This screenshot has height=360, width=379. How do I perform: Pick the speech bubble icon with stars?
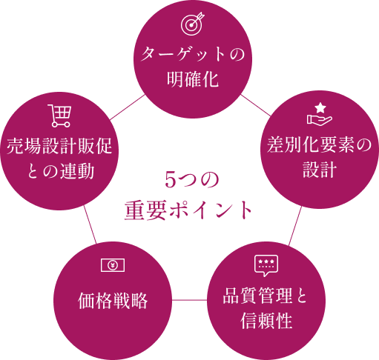click(x=265, y=264)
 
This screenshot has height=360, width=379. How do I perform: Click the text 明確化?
click(x=191, y=79)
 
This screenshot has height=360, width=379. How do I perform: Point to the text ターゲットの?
click(x=191, y=55)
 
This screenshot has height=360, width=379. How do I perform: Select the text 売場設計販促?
click(x=59, y=146)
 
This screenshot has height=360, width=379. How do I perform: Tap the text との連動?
click(x=59, y=170)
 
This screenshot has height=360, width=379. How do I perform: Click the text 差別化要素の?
click(x=319, y=146)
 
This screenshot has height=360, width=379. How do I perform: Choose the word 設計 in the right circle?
click(x=319, y=170)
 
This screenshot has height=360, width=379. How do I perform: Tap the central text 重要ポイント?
click(x=190, y=210)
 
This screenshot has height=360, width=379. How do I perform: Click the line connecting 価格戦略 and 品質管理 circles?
click(x=188, y=300)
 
